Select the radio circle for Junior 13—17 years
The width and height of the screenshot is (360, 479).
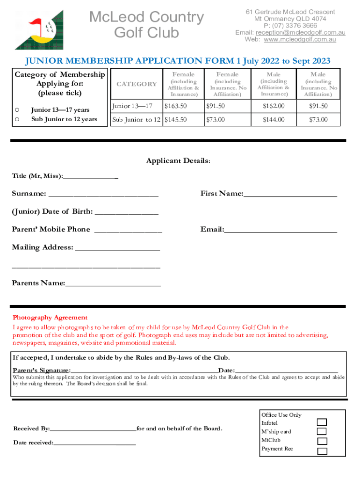pos(17,110)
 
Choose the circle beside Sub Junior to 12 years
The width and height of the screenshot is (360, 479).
pos(17,119)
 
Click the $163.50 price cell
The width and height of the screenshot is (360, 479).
pos(175,106)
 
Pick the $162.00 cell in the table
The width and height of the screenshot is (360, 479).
pos(274,106)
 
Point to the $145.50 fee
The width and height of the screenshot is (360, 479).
pos(175,120)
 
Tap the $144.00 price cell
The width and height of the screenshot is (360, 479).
pos(274,120)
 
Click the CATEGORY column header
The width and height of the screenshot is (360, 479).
pos(137,84)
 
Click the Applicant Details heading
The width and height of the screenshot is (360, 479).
pos(178,161)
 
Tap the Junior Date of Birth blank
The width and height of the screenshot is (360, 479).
pos(126,212)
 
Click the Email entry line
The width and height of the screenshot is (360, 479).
pos(281,230)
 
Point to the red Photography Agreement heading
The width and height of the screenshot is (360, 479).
pos(50,318)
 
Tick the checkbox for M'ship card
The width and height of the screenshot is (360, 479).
pos(322,432)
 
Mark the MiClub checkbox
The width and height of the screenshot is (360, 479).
pos(322,441)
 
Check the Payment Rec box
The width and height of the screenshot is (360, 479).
pos(322,451)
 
